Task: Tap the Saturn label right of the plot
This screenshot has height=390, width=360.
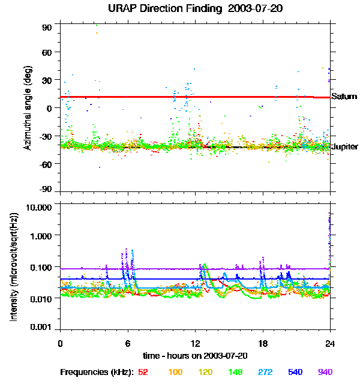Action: [x=344, y=97]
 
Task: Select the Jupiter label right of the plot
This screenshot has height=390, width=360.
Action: [x=344, y=146]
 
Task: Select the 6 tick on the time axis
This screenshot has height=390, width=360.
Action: [x=128, y=344]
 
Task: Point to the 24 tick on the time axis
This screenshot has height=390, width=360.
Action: [x=330, y=344]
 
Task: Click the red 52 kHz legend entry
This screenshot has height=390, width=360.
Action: [x=143, y=372]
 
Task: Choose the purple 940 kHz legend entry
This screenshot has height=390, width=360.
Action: [x=325, y=372]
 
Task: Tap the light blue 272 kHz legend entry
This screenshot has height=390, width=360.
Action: [x=265, y=372]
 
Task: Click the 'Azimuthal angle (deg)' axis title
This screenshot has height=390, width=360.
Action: [x=28, y=108]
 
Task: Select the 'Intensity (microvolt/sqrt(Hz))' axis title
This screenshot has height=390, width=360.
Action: [x=14, y=267]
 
